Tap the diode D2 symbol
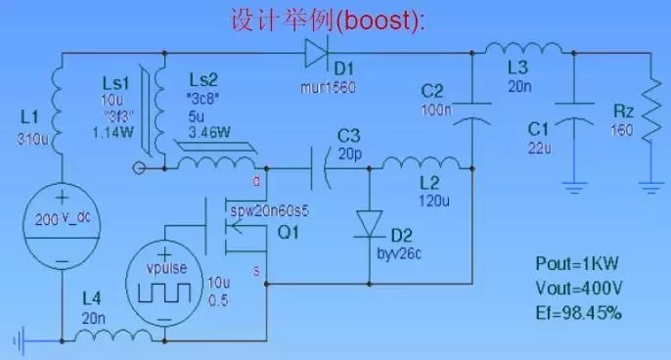[x=370, y=222]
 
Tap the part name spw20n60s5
[x=268, y=210]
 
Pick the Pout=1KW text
[x=578, y=264]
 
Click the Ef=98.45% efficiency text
[x=579, y=313]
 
